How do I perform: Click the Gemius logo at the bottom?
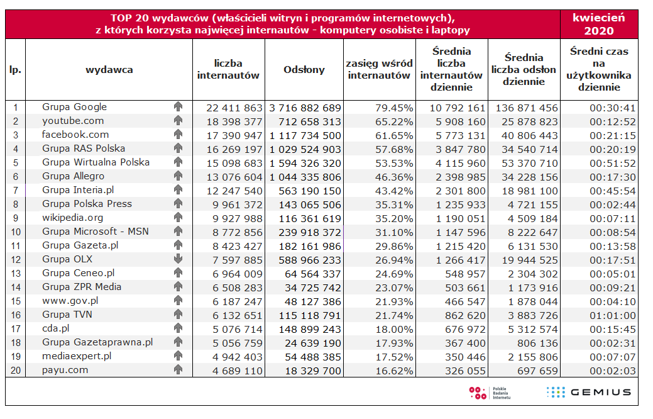[x=589, y=392]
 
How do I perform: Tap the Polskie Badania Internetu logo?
[x=490, y=393]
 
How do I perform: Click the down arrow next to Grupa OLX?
[x=178, y=259]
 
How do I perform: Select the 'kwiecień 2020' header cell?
[x=599, y=25]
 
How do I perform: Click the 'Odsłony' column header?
[x=304, y=70]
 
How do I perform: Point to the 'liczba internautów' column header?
[x=228, y=70]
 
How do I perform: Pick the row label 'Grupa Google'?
[x=74, y=107]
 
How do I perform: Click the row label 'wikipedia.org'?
[x=72, y=218]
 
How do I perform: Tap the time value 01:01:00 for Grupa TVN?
[x=613, y=315]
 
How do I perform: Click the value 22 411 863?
[x=234, y=108]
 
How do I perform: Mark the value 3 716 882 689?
[x=306, y=108]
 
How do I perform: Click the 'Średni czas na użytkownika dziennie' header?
[x=598, y=70]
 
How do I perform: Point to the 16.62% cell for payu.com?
[x=392, y=371]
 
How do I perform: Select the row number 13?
[x=16, y=273]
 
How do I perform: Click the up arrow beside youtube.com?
[x=178, y=121]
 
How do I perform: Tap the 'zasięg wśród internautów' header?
[x=380, y=70]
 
